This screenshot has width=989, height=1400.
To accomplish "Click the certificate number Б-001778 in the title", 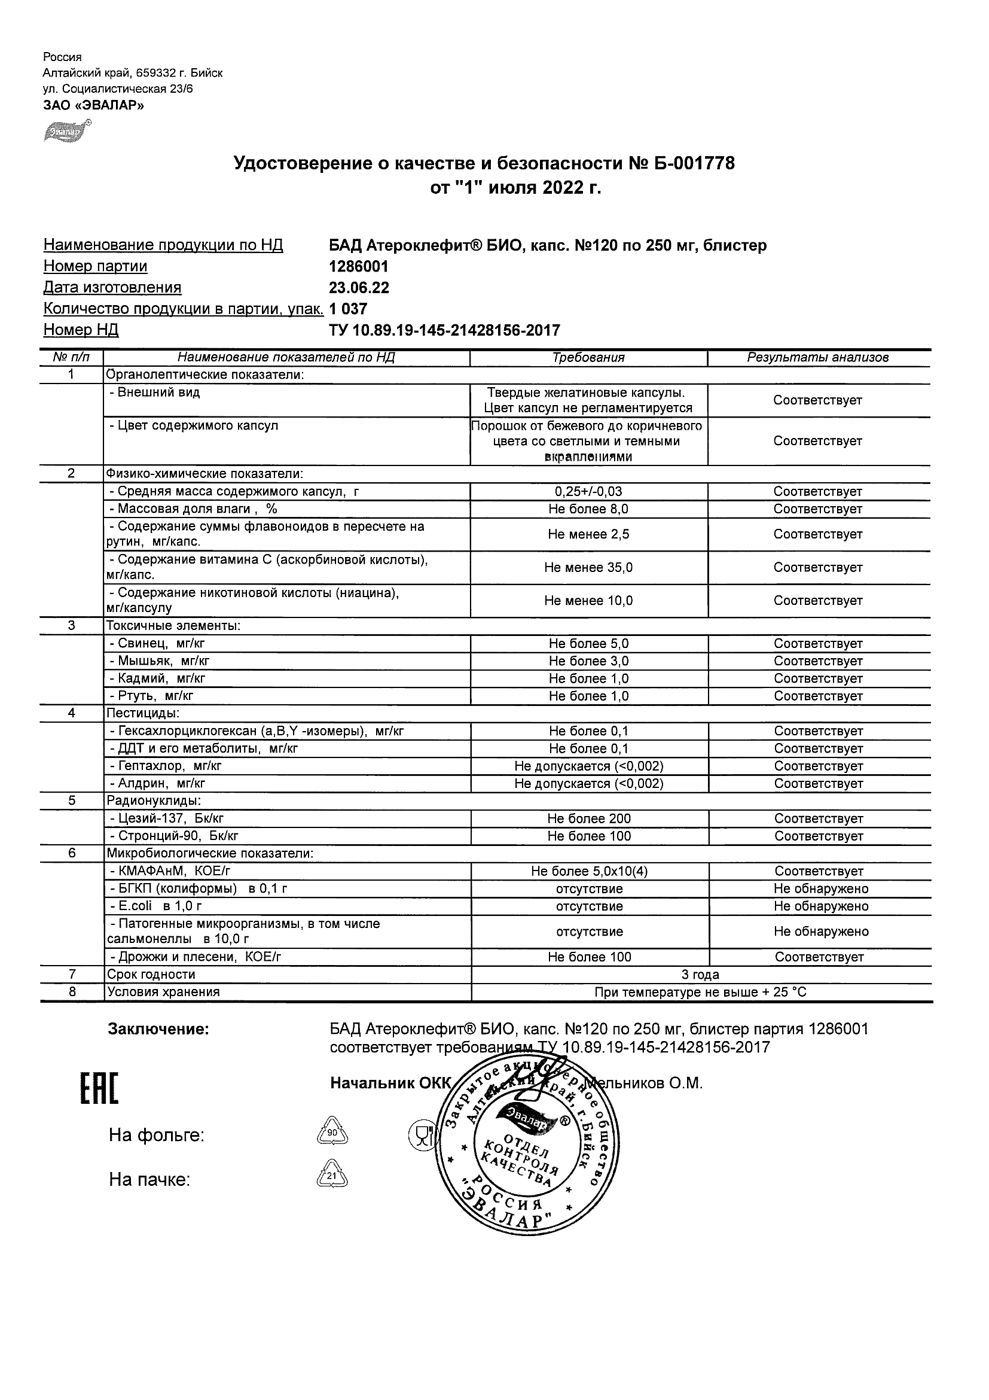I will tap(692, 163).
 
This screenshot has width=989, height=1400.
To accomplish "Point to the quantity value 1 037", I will tap(348, 309).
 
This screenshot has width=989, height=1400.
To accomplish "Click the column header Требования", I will tap(588, 358).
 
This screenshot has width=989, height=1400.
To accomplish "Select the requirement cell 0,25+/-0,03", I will tap(588, 491).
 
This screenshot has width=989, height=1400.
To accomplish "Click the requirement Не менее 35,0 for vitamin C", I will tap(588, 568).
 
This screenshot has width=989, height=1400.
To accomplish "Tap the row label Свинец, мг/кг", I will tap(160, 643).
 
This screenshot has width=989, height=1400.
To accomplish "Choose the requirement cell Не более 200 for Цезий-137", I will tap(588, 818).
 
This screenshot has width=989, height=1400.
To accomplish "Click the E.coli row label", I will tap(155, 906).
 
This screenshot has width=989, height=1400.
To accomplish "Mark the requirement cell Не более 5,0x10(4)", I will tap(588, 871).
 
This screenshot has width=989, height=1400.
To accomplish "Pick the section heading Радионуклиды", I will tap(154, 801).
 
